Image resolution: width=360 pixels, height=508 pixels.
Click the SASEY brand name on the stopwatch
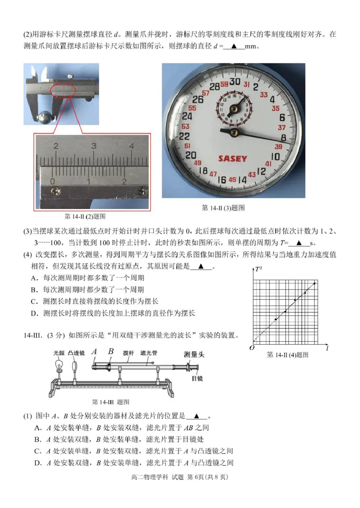(232, 158)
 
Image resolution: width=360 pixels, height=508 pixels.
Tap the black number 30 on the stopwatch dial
(234, 82)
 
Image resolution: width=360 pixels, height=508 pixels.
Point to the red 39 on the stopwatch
(278, 147)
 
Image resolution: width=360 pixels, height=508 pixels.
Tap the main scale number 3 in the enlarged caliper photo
(94, 146)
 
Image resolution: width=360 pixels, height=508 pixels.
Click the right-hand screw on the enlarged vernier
(143, 190)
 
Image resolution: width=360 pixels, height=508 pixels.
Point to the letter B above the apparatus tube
(110, 352)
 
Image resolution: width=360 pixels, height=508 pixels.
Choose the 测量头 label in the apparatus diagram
(194, 354)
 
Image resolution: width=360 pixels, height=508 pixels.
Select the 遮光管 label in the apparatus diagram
(148, 353)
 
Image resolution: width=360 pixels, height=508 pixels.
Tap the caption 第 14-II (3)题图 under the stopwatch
(223, 208)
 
